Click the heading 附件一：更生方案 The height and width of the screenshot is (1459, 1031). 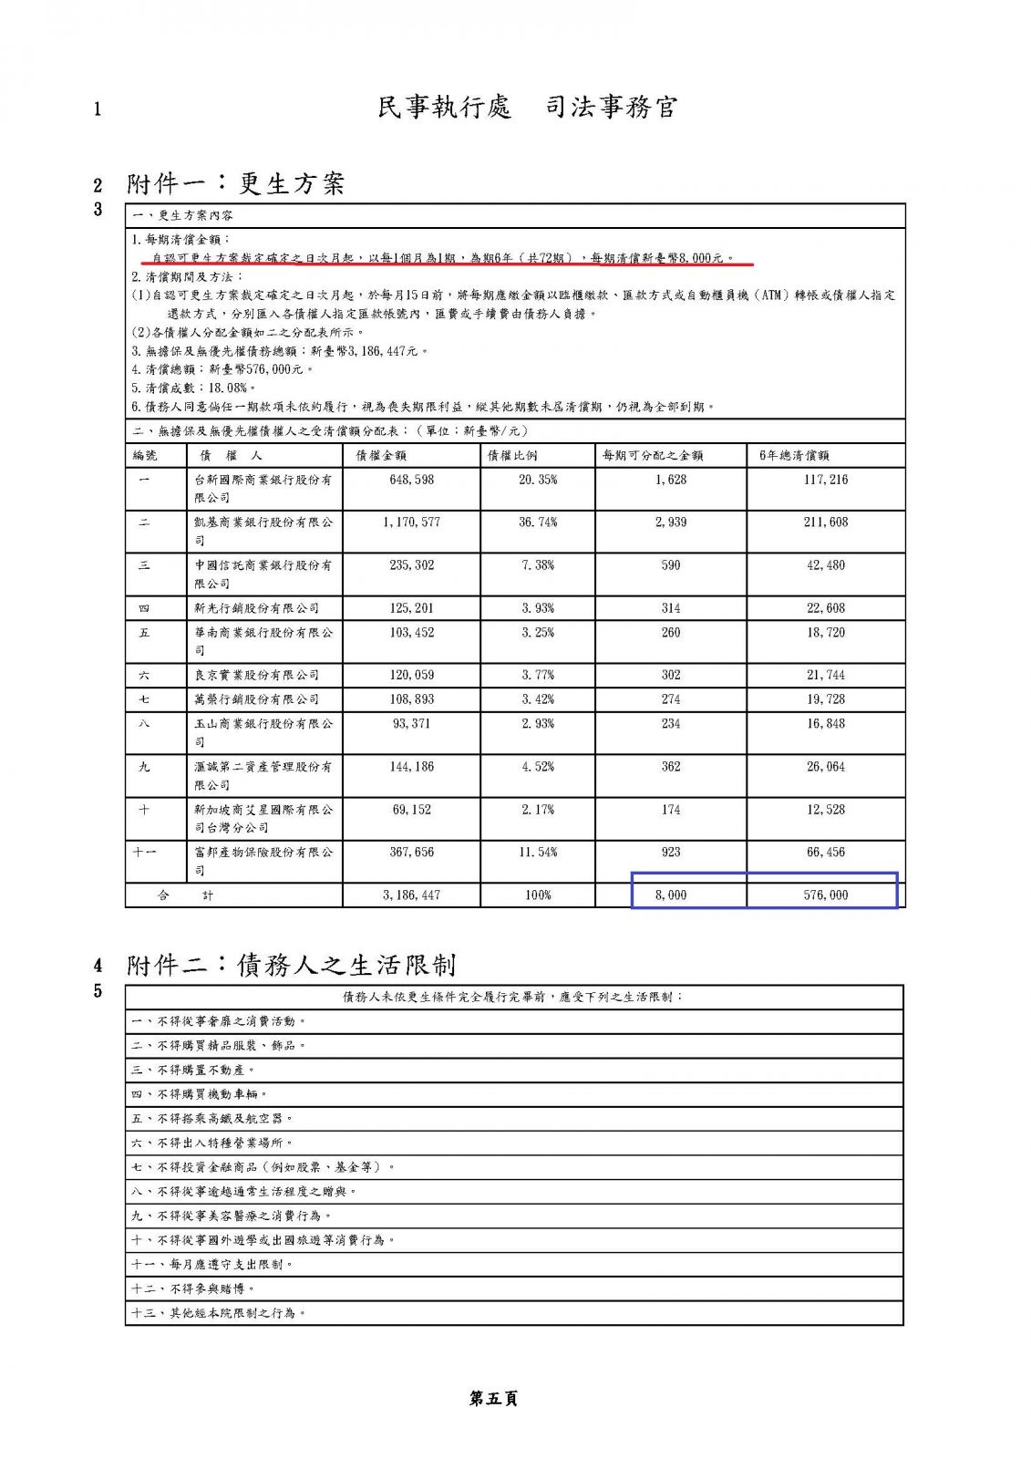click(x=235, y=184)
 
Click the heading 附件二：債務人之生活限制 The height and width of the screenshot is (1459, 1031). click(x=291, y=965)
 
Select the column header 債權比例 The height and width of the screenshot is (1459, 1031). click(x=512, y=455)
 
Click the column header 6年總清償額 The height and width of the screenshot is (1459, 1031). click(x=794, y=455)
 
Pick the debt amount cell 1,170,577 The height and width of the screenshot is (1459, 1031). click(x=411, y=523)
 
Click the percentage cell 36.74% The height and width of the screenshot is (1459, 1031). click(x=538, y=523)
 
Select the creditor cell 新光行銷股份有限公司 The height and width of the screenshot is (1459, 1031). click(x=256, y=608)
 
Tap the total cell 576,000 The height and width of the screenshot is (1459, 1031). click(x=825, y=895)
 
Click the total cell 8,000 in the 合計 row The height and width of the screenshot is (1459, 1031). click(x=671, y=895)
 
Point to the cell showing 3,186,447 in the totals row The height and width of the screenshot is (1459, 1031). click(x=411, y=895)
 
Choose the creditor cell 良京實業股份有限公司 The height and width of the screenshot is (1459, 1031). click(x=256, y=675)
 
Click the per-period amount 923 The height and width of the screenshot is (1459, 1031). click(x=671, y=852)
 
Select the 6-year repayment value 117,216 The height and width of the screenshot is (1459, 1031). click(x=825, y=480)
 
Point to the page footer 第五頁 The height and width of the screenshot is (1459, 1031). click(x=493, y=1398)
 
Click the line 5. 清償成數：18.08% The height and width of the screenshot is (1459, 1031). click(x=194, y=388)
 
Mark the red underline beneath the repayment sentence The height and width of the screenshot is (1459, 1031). click(x=447, y=265)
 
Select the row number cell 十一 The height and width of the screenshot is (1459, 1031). click(x=144, y=852)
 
